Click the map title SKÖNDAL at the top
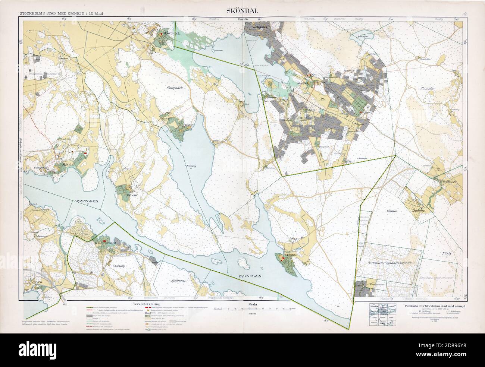[242, 11]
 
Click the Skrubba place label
[291, 256]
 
